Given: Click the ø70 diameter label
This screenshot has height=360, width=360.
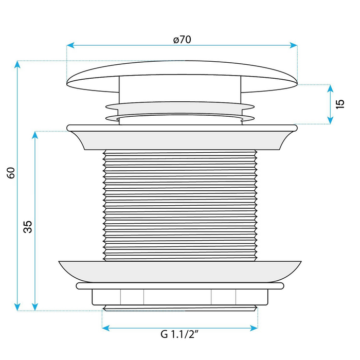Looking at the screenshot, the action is pos(182,40).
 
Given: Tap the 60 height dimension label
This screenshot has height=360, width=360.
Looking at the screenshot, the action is pos(11,173).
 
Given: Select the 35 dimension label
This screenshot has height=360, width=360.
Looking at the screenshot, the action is pos(28,227).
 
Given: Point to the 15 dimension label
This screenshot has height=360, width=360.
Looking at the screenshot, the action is pos(340,104).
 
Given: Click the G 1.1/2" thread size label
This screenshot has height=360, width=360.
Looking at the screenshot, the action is pos(179,334).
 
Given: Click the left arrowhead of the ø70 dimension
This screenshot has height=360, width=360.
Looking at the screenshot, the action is pos(70,45).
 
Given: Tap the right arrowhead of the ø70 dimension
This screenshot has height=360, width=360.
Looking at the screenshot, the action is pos(294,45).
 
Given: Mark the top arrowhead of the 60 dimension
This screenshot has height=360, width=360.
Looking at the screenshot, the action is pos(17,64).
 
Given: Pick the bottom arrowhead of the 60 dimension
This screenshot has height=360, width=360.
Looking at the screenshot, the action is pos(17,307).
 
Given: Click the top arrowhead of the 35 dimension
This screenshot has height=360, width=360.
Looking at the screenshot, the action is pos(35,135).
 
